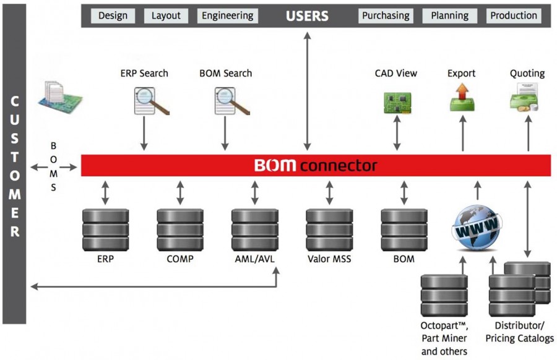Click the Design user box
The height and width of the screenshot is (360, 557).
click(113, 16)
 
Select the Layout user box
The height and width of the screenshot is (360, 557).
click(166, 16)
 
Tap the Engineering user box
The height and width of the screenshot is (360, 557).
click(227, 16)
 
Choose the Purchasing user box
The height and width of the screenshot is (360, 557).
click(386, 16)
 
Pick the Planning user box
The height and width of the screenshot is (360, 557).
click(450, 16)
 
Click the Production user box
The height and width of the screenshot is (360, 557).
click(514, 16)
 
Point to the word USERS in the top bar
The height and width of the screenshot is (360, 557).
click(307, 16)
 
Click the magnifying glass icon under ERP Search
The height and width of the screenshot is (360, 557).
click(152, 101)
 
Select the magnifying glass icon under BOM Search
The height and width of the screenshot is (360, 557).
click(232, 101)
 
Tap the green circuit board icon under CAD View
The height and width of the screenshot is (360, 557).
click(397, 103)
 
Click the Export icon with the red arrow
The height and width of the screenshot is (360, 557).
click(462, 97)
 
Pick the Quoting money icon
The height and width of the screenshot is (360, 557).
click(524, 97)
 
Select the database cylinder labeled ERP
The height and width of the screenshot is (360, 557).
click(105, 229)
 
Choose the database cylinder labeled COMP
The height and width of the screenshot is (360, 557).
click(180, 229)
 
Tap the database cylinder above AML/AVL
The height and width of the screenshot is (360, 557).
click(255, 229)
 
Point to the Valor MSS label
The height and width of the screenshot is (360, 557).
click(329, 259)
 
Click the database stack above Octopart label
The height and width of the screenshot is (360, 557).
click(444, 296)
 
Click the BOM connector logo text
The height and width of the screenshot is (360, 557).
click(316, 165)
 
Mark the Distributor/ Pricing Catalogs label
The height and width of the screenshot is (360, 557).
click(519, 332)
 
